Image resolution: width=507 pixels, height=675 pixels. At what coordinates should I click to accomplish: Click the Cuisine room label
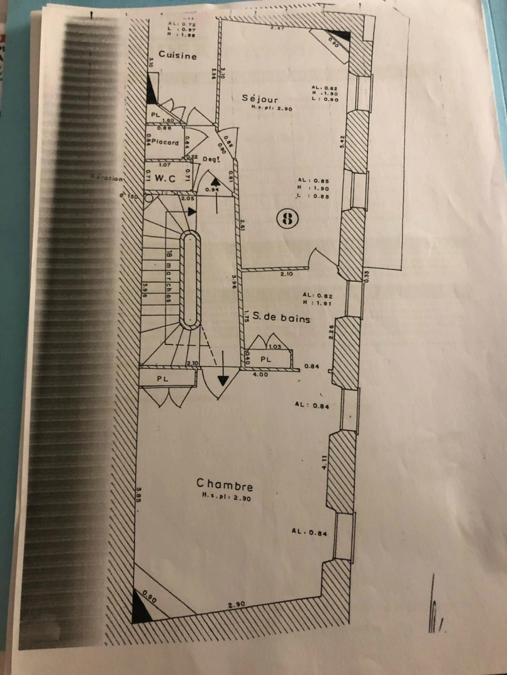(x=177, y=55)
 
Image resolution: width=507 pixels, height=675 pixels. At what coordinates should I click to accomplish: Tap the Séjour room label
(x=260, y=98)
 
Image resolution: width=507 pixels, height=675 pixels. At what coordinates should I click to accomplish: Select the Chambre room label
(x=224, y=484)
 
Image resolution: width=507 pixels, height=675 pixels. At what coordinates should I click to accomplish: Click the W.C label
(x=164, y=177)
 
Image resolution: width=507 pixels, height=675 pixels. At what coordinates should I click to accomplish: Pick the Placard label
(x=165, y=142)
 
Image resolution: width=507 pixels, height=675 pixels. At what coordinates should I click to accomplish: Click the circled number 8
(x=288, y=218)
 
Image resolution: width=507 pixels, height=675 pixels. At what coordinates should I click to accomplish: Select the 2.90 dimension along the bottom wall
(x=236, y=604)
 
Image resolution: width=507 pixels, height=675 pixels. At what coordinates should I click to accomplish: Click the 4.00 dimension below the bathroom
(x=260, y=374)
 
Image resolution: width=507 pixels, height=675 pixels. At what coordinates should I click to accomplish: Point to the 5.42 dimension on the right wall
(x=337, y=141)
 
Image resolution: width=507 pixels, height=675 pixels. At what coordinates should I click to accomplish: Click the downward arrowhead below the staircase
(x=223, y=382)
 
